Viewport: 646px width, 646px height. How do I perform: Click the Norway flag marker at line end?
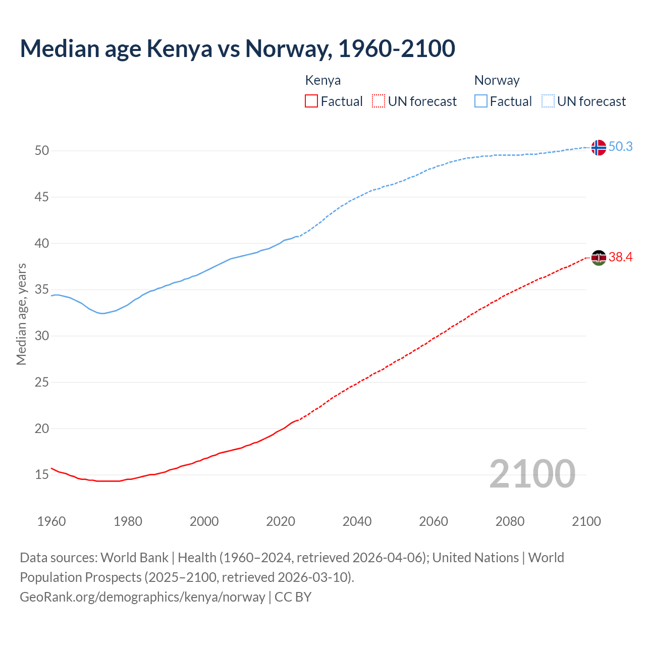click(599, 147)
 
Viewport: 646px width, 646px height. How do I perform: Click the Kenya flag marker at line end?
click(599, 257)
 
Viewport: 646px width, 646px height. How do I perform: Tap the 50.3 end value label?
click(620, 146)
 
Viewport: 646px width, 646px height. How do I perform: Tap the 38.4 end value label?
click(620, 257)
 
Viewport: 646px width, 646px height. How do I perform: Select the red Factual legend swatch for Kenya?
click(311, 101)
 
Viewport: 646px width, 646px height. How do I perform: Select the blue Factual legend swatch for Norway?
click(481, 101)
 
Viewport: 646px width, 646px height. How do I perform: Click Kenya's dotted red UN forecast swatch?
click(379, 101)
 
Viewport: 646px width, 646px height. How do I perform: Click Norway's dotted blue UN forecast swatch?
click(548, 101)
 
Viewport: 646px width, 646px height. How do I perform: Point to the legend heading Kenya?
click(323, 80)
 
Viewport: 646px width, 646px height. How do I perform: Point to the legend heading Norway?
click(497, 80)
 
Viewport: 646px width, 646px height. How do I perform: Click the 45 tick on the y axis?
click(42, 197)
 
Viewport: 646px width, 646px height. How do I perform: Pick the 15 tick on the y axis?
click(42, 475)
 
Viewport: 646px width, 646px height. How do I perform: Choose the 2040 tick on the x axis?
click(357, 521)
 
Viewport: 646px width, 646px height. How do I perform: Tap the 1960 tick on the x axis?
click(51, 521)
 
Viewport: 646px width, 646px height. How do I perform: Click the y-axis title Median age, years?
click(21, 314)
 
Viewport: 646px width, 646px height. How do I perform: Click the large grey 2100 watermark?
click(532, 473)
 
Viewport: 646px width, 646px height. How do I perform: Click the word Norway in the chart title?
click(288, 48)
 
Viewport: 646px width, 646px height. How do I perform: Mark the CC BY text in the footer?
click(293, 597)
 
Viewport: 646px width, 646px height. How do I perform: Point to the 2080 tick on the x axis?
click(510, 521)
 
